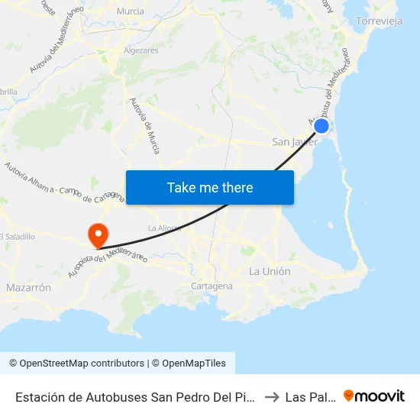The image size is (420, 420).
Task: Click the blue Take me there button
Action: coord(210,187)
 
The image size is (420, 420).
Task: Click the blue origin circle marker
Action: coord(322,126)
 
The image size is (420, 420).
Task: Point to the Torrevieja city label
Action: coord(380,21)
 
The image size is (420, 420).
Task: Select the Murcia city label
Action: coord(130,11)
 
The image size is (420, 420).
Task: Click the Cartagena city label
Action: coord(212,286)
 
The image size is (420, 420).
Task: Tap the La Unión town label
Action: coord(270,272)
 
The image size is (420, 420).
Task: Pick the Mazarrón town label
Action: coord(28,288)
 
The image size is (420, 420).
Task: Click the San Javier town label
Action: coord(295,142)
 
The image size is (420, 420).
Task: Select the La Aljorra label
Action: coord(164,228)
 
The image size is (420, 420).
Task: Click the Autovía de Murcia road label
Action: coord(144,126)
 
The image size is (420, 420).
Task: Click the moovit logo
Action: coord(374,396)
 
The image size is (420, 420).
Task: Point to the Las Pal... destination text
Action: coord(308,396)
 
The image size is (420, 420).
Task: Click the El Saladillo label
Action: coord(17,237)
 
